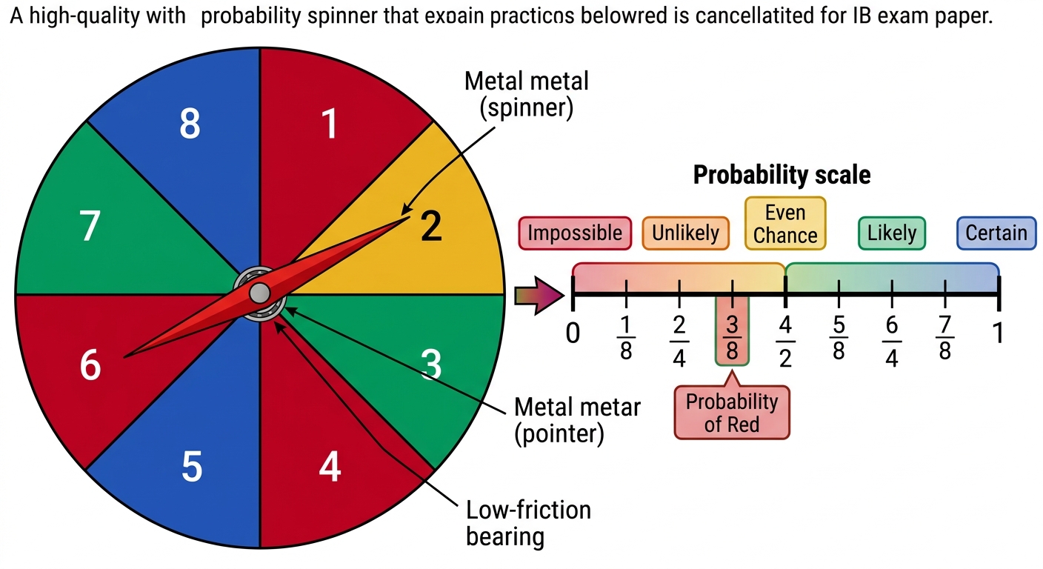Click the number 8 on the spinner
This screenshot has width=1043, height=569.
[x=190, y=124]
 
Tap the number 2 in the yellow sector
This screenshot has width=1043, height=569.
[x=431, y=226]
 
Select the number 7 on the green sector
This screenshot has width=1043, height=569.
[x=90, y=225]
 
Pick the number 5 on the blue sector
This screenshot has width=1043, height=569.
[x=192, y=467]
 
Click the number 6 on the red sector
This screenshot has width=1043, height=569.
[x=90, y=365]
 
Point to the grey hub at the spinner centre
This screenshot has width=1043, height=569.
[x=259, y=293]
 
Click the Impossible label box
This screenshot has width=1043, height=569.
[x=575, y=233]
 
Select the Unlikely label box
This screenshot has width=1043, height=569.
[x=685, y=233]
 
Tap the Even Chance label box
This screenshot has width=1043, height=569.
[x=785, y=224]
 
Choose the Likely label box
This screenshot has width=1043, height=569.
[x=892, y=233]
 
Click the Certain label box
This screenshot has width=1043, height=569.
[x=996, y=233]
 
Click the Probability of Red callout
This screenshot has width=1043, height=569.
[x=732, y=412]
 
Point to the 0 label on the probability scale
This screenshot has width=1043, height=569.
[x=573, y=333]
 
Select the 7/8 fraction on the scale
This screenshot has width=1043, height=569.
[x=944, y=337]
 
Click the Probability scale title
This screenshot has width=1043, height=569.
[x=782, y=175]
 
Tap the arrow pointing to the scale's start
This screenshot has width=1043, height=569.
[x=539, y=296]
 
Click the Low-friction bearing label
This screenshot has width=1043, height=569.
[x=528, y=523]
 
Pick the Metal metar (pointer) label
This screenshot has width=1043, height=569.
[x=577, y=421]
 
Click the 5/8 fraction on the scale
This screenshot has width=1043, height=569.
[x=839, y=337]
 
